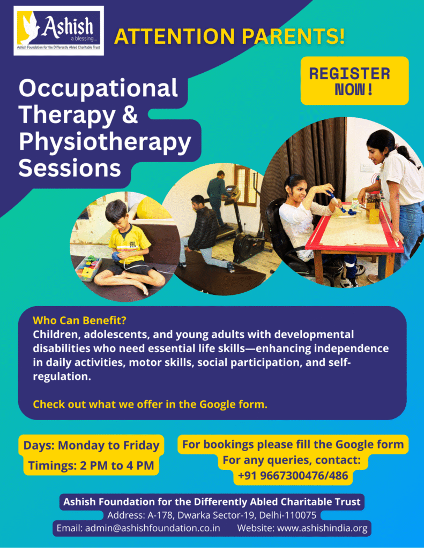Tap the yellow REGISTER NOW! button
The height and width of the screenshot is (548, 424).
(x=354, y=81)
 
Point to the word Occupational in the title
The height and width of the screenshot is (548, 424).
(x=98, y=89)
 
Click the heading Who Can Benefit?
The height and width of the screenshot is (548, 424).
(x=79, y=320)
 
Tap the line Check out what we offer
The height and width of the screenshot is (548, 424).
(x=150, y=404)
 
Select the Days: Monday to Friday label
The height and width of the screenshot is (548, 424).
(x=91, y=445)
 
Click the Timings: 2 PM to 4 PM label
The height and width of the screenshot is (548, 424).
(x=91, y=466)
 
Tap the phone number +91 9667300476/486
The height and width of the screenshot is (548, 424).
(x=293, y=476)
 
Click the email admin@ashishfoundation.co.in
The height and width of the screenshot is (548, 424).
(x=138, y=528)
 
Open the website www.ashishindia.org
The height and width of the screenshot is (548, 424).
(x=302, y=528)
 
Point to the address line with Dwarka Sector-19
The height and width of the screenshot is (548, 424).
(x=212, y=515)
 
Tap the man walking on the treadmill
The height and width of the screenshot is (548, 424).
(x=218, y=196)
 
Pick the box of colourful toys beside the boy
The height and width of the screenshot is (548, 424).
(x=88, y=268)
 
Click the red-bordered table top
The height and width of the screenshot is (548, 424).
(x=354, y=227)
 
